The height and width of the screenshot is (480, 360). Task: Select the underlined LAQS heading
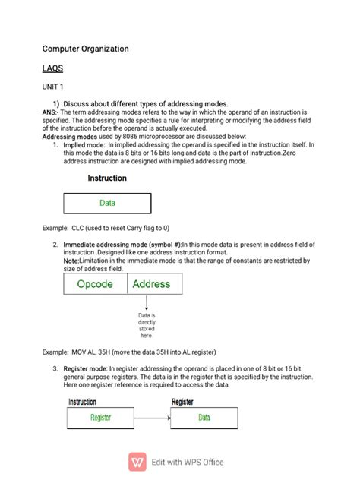pos(53,68)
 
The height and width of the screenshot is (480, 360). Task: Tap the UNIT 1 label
pos(53,87)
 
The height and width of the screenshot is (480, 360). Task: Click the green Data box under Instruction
pos(107,203)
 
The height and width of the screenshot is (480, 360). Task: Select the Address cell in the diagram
pos(150,284)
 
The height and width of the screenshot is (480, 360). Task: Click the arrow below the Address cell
pos(147,303)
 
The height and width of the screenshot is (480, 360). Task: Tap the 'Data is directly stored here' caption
pos(147,325)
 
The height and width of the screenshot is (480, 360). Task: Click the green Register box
pos(100,417)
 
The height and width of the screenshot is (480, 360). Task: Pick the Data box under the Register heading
pos(204,417)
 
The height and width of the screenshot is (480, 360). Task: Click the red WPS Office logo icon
pos(138,461)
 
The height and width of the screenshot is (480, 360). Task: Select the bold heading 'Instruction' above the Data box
pos(107,178)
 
